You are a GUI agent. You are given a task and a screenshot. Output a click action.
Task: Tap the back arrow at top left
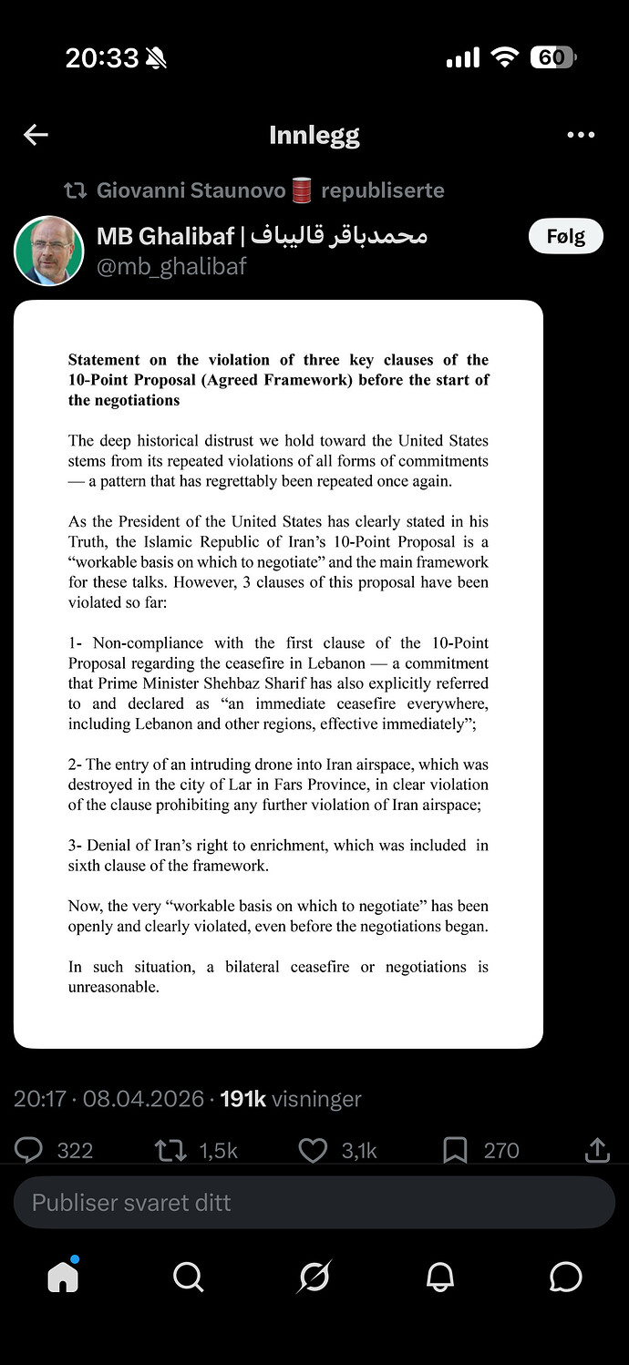pos(36,136)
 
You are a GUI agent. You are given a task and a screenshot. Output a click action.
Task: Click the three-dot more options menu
pos(581,136)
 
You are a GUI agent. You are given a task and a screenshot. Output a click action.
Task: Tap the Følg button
pos(565,237)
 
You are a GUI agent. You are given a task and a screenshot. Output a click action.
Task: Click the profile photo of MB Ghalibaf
pos(49,251)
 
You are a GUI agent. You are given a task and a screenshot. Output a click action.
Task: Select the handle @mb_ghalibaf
pos(171,266)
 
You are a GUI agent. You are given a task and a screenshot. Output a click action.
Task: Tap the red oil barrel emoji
pos(302,190)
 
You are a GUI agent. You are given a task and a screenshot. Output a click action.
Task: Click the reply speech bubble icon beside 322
pos(28,1150)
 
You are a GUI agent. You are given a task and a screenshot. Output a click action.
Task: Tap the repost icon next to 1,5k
pos(170,1150)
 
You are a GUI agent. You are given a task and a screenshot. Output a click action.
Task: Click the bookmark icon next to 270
pos(455,1150)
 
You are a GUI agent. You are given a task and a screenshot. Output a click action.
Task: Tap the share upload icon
pos(597,1150)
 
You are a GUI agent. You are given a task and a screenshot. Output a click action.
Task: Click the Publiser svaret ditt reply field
pos(314,1203)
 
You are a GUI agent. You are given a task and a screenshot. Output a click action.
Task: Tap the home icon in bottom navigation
pos(63,1278)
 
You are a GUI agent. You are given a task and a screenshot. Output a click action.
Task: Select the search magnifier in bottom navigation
pos(188,1278)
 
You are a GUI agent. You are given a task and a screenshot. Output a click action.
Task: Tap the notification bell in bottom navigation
pos(440,1278)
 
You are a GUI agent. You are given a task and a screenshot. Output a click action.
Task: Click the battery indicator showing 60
pos(552,58)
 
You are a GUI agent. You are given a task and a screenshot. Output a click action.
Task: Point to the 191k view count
pos(242,1099)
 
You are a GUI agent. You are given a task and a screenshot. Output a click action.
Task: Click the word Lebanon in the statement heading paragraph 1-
pos(337,663)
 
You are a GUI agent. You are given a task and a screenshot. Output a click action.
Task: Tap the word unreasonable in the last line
pos(112,987)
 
